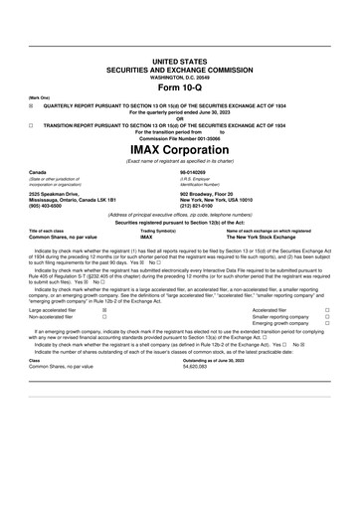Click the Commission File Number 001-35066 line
(180, 138)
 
